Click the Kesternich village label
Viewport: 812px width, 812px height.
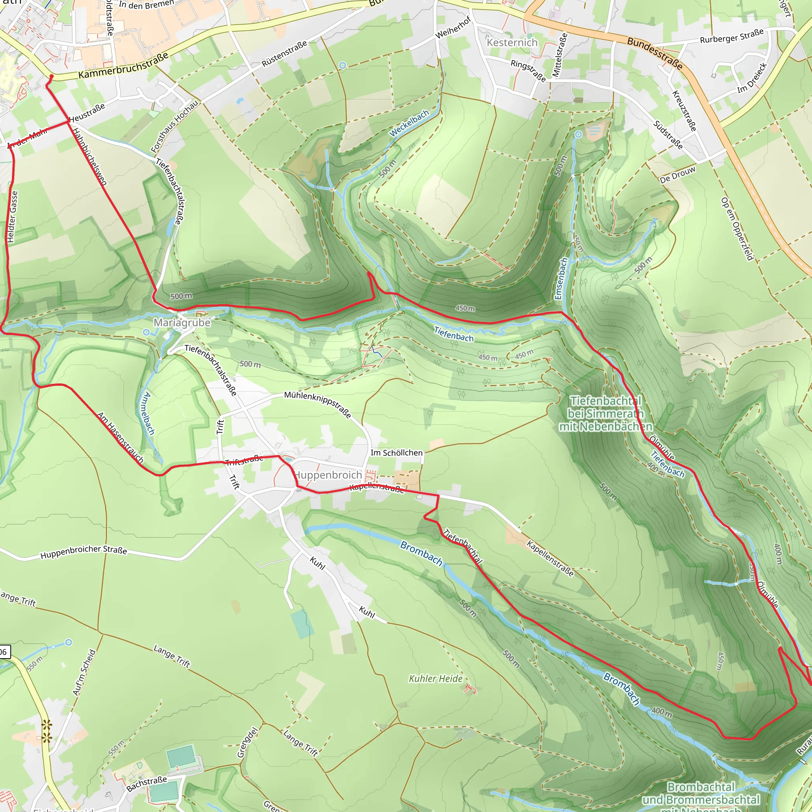click(512, 42)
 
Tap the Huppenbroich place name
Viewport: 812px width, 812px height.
click(328, 475)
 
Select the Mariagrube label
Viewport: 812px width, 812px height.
click(182, 323)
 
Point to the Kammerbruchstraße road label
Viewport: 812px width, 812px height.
click(124, 65)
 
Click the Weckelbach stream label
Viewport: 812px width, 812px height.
click(409, 123)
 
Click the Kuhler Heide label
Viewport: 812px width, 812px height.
click(435, 679)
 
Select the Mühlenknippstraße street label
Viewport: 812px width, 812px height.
click(317, 404)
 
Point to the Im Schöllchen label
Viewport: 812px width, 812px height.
click(396, 453)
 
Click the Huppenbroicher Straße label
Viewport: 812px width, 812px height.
click(84, 552)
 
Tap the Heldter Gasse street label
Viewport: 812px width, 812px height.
click(13, 216)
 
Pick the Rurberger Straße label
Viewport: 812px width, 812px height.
click(731, 36)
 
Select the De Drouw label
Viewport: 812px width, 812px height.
click(678, 175)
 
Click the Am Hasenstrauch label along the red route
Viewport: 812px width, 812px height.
click(121, 438)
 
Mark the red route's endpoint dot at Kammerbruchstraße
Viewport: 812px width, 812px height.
click(51, 77)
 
